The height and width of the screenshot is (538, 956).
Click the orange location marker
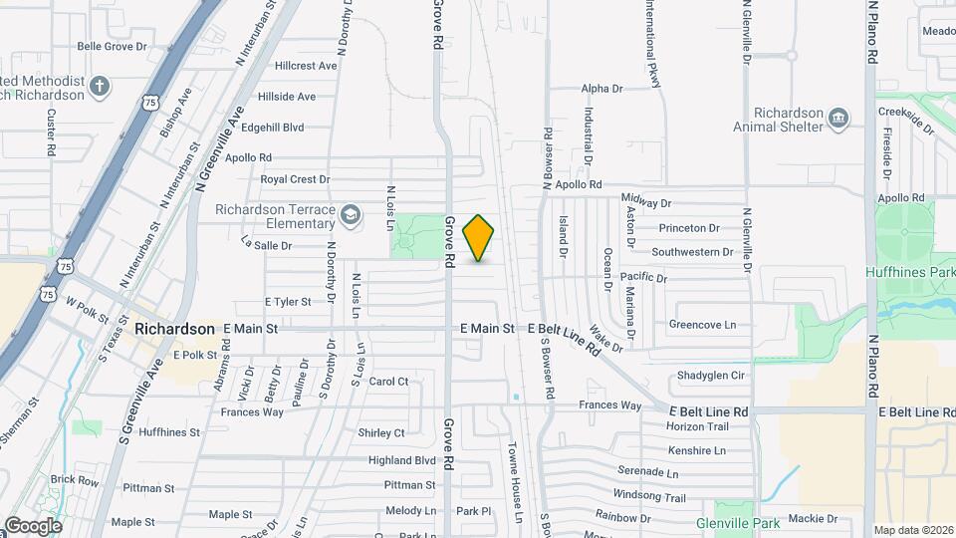[x=479, y=238]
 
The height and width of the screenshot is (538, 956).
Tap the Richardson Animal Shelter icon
[x=838, y=120]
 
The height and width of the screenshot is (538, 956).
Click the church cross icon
[x=100, y=87]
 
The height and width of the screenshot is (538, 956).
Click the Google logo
[x=33, y=525]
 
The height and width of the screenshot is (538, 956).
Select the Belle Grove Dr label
[x=112, y=46]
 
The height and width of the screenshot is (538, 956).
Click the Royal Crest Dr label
[x=295, y=179]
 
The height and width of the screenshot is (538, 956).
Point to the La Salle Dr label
[x=266, y=244]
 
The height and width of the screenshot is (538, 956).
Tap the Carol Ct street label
[x=388, y=381]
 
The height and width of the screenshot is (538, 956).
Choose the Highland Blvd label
[x=402, y=460]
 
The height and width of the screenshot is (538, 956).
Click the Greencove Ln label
[x=702, y=324]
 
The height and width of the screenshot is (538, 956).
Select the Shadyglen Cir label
[x=711, y=375]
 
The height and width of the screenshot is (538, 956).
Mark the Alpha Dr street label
[x=601, y=89]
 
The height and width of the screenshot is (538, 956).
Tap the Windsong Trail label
[x=649, y=496]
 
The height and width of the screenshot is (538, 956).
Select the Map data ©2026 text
[x=913, y=530]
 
